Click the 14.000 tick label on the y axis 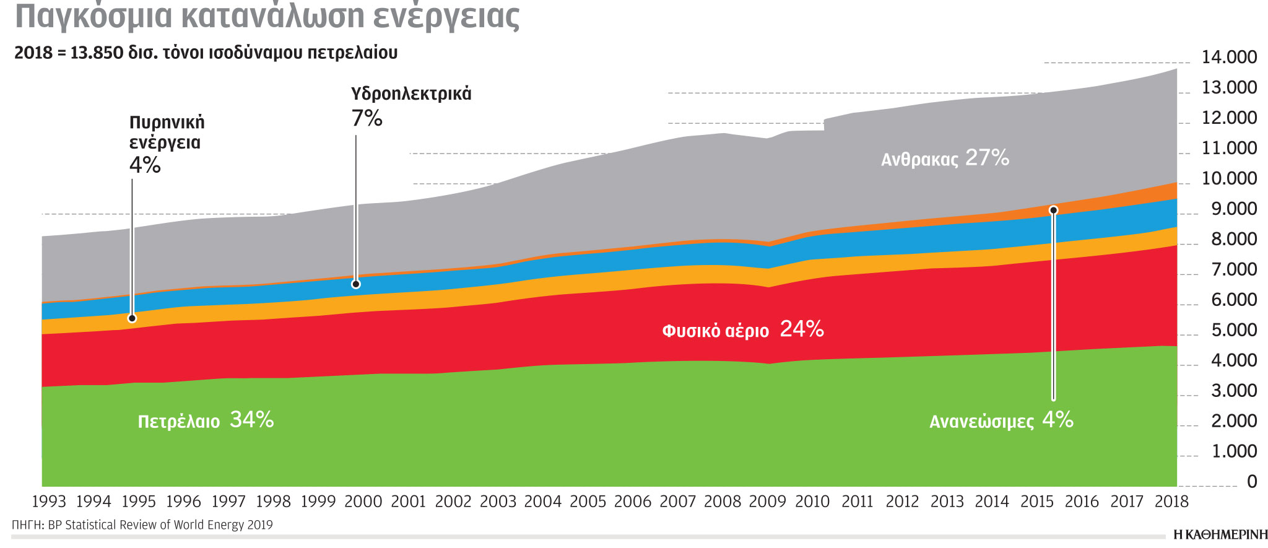point(1229,58)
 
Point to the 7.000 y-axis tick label point(1234,270)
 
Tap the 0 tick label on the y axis point(1251,482)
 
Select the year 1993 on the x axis point(48,502)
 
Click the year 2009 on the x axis point(767,502)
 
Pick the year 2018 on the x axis point(1171,502)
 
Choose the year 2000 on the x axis point(363,502)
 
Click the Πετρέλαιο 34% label point(205,420)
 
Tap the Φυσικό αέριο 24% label point(742,329)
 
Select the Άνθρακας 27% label point(945,159)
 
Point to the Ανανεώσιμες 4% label point(1001,420)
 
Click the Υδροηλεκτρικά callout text point(411,94)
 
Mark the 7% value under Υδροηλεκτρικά point(367,118)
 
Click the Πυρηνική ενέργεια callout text point(167,133)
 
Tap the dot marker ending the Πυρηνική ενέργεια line point(132,318)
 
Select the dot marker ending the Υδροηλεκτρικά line point(355,284)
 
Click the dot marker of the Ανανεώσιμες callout point(1054,211)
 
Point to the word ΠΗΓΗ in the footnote point(27,525)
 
